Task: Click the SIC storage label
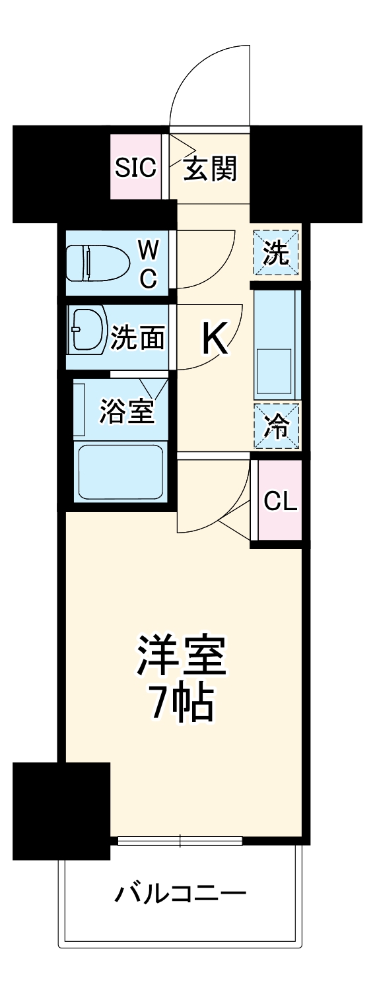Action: coord(135,169)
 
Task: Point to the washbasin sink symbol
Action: coord(88,329)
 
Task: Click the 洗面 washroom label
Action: coord(137,338)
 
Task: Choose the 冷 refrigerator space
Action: coord(277,426)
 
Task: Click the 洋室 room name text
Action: coord(182,655)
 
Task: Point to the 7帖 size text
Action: coord(182,704)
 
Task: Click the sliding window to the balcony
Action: coord(180,841)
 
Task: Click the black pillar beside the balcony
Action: coord(61,810)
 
